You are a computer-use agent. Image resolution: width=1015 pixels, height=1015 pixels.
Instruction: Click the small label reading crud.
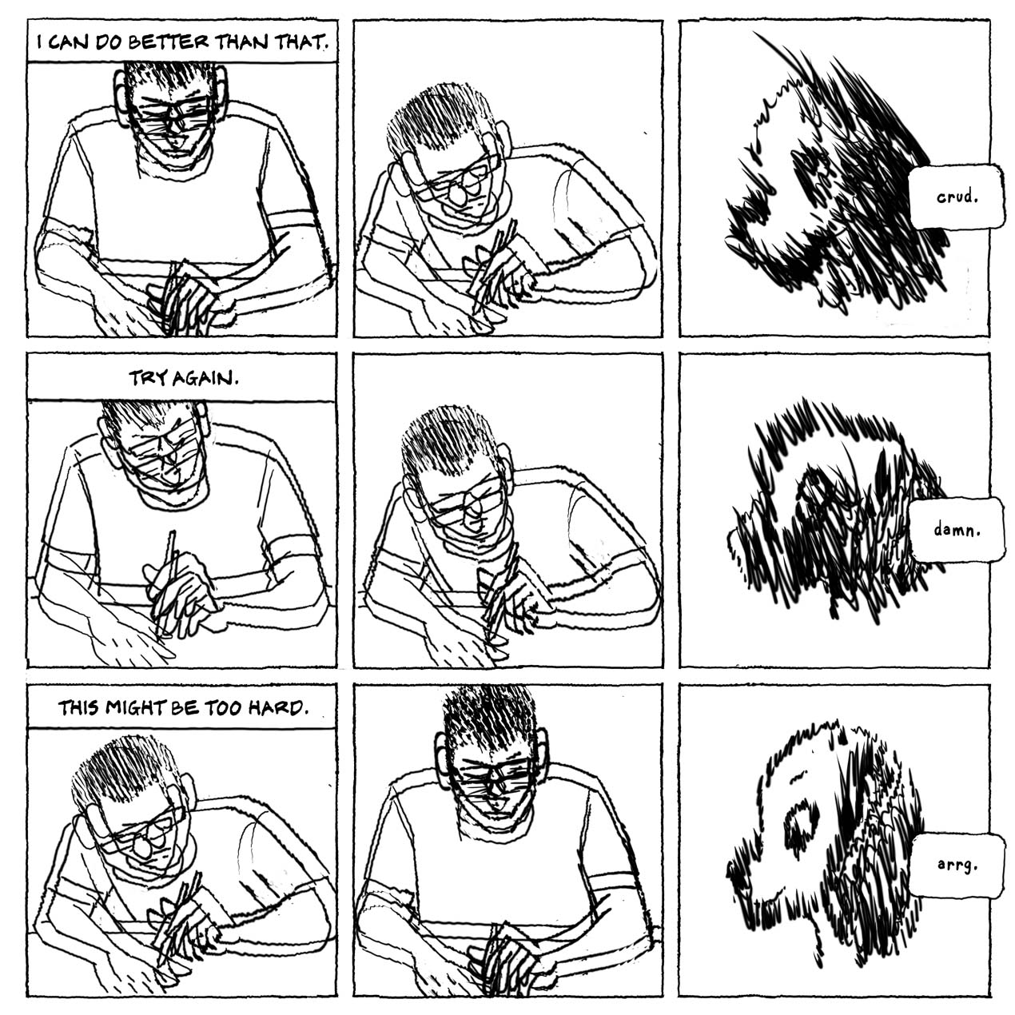(x=957, y=197)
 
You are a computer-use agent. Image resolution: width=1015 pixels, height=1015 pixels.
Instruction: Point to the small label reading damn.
(x=957, y=529)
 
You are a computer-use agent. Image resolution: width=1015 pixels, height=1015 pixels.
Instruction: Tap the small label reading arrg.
(x=957, y=865)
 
